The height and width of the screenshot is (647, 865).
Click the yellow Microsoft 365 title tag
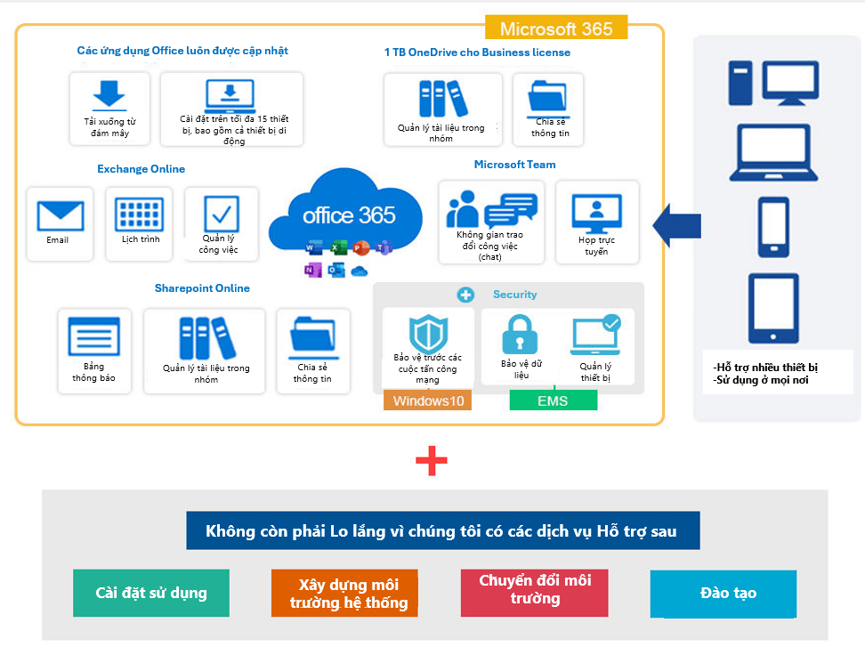[556, 28]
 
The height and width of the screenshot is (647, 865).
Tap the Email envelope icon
[60, 215]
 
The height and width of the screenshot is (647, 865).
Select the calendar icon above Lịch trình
[139, 214]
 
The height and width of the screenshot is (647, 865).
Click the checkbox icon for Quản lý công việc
[221, 214]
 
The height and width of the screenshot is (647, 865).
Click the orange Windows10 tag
[428, 400]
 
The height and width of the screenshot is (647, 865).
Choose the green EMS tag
[553, 400]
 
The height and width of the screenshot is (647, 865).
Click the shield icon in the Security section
[428, 333]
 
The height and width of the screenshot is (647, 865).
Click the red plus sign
[432, 460]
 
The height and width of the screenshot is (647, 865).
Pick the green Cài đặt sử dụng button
[151, 593]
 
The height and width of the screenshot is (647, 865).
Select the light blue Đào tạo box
[723, 594]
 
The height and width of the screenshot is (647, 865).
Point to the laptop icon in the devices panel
[772, 153]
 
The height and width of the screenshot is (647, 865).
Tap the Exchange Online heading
[141, 169]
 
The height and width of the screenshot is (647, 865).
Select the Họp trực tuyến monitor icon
[596, 214]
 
